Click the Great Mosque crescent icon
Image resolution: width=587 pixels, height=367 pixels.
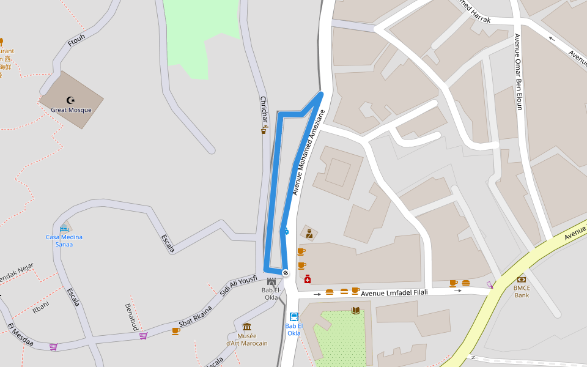point(71,100)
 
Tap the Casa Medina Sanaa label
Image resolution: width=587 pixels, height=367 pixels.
point(64,240)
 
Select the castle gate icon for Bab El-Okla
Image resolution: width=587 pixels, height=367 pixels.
point(271,281)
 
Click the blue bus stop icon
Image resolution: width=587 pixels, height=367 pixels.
point(294,317)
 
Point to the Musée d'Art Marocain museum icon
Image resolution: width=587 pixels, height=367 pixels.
point(247,327)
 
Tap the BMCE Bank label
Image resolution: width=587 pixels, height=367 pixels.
point(522,292)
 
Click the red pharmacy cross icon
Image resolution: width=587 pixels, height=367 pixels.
point(308,279)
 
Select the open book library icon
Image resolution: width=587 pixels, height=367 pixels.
point(356,310)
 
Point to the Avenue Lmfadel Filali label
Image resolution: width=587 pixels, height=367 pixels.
point(395,294)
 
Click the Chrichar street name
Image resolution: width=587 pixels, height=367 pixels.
point(264,108)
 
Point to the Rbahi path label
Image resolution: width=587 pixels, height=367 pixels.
point(40,306)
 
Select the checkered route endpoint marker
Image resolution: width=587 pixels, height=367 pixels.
point(285,272)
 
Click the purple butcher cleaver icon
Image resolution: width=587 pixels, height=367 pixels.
point(490,284)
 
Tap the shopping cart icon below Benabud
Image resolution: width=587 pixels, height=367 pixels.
point(143,335)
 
